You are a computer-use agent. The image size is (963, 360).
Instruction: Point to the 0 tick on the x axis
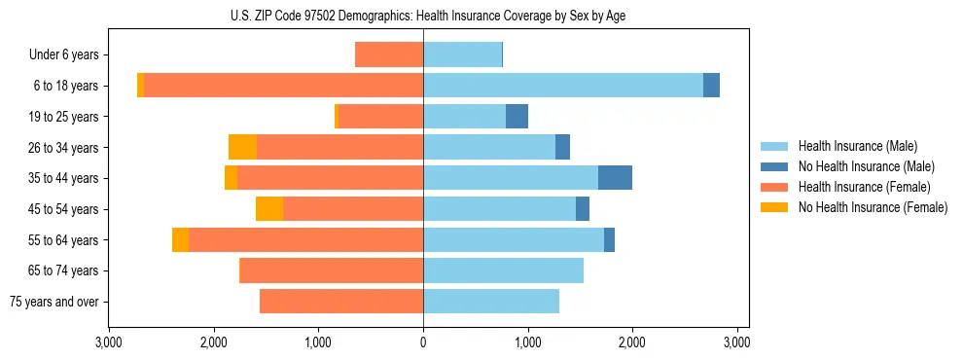click(423, 342)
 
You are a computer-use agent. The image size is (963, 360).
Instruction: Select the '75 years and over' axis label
click(54, 302)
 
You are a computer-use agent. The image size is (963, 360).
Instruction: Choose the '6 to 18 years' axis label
click(65, 86)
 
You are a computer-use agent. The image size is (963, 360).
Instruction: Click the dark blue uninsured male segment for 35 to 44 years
click(615, 178)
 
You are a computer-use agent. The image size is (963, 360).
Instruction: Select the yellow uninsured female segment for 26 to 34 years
click(242, 147)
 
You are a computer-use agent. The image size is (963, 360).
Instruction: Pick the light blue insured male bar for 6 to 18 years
click(562, 86)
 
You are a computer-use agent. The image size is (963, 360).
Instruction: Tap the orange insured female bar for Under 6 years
click(389, 54)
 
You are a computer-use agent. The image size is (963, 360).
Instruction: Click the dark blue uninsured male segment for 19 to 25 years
click(517, 117)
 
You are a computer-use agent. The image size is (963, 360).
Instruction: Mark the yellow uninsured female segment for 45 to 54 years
click(269, 209)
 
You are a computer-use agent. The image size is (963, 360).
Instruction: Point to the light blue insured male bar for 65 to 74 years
click(503, 270)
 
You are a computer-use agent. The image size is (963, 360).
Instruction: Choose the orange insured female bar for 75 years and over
click(341, 302)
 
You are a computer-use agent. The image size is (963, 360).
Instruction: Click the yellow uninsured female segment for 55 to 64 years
click(180, 239)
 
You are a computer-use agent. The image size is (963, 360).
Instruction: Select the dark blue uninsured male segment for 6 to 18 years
click(711, 86)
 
